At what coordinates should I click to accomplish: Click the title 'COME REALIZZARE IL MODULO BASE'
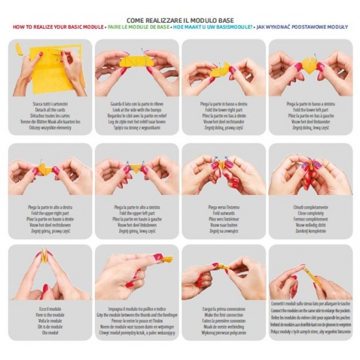(180, 20)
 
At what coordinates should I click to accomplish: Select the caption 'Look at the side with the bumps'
(136, 109)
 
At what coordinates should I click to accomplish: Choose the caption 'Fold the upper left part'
(136, 211)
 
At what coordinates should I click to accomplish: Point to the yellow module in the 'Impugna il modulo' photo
(167, 259)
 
